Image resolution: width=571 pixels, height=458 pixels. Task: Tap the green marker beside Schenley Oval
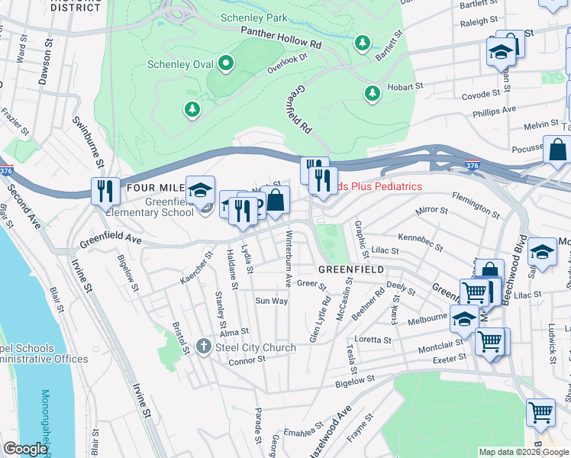226,63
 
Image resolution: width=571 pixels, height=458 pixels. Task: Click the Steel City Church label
256,348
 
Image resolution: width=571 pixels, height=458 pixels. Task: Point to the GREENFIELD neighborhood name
350,270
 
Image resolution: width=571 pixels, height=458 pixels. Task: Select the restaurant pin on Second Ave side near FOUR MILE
102,191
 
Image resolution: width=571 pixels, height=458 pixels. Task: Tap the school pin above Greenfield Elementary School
200,190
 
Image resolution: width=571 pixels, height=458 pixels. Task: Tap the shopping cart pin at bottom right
540,413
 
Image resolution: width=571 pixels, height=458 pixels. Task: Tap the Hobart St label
398,86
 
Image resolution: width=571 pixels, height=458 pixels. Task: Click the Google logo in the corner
25,449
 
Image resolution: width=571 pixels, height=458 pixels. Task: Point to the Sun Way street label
271,301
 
